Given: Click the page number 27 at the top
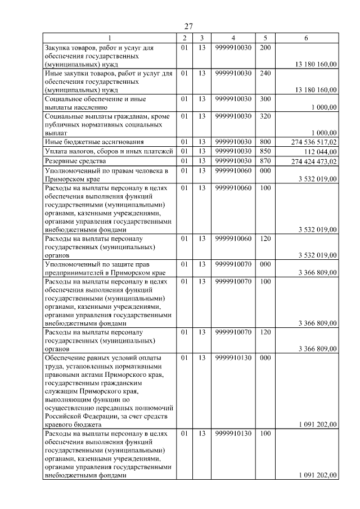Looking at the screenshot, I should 188,26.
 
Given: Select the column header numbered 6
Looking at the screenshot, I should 306,38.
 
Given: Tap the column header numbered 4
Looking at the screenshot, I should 233,38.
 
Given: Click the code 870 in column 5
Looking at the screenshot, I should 266,161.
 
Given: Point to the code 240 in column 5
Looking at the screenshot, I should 266,73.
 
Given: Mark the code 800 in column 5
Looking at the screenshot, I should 266,141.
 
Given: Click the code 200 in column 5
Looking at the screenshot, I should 266,48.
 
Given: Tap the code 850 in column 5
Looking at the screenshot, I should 266,151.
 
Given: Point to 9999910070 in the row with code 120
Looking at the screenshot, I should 233,332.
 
